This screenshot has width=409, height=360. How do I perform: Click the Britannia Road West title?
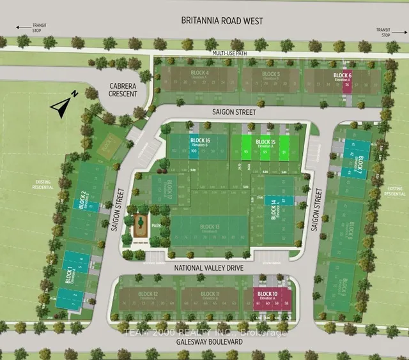click(204, 21)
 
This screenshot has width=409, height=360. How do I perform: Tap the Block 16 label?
click(200, 140)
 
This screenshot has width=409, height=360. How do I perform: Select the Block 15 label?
click(265, 142)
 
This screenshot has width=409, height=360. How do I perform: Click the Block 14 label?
click(274, 210)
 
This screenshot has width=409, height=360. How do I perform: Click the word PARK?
click(155, 225)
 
